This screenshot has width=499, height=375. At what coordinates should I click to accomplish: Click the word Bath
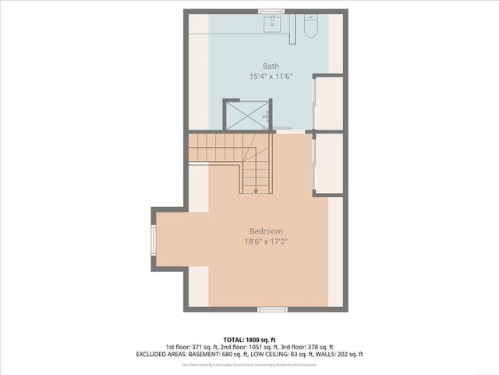(x=271, y=66)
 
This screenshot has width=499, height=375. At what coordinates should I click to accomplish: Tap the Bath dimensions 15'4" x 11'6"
(x=271, y=77)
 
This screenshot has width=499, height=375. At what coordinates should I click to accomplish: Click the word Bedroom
(x=266, y=230)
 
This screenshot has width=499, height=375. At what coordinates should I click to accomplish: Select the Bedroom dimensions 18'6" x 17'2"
(x=266, y=241)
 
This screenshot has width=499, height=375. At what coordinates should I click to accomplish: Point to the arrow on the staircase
(x=256, y=189)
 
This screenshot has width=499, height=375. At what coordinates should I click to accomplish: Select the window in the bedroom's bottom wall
(x=272, y=309)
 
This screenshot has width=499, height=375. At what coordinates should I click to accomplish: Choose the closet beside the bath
(x=329, y=102)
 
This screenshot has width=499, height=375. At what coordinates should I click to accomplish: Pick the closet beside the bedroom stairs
(x=329, y=164)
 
